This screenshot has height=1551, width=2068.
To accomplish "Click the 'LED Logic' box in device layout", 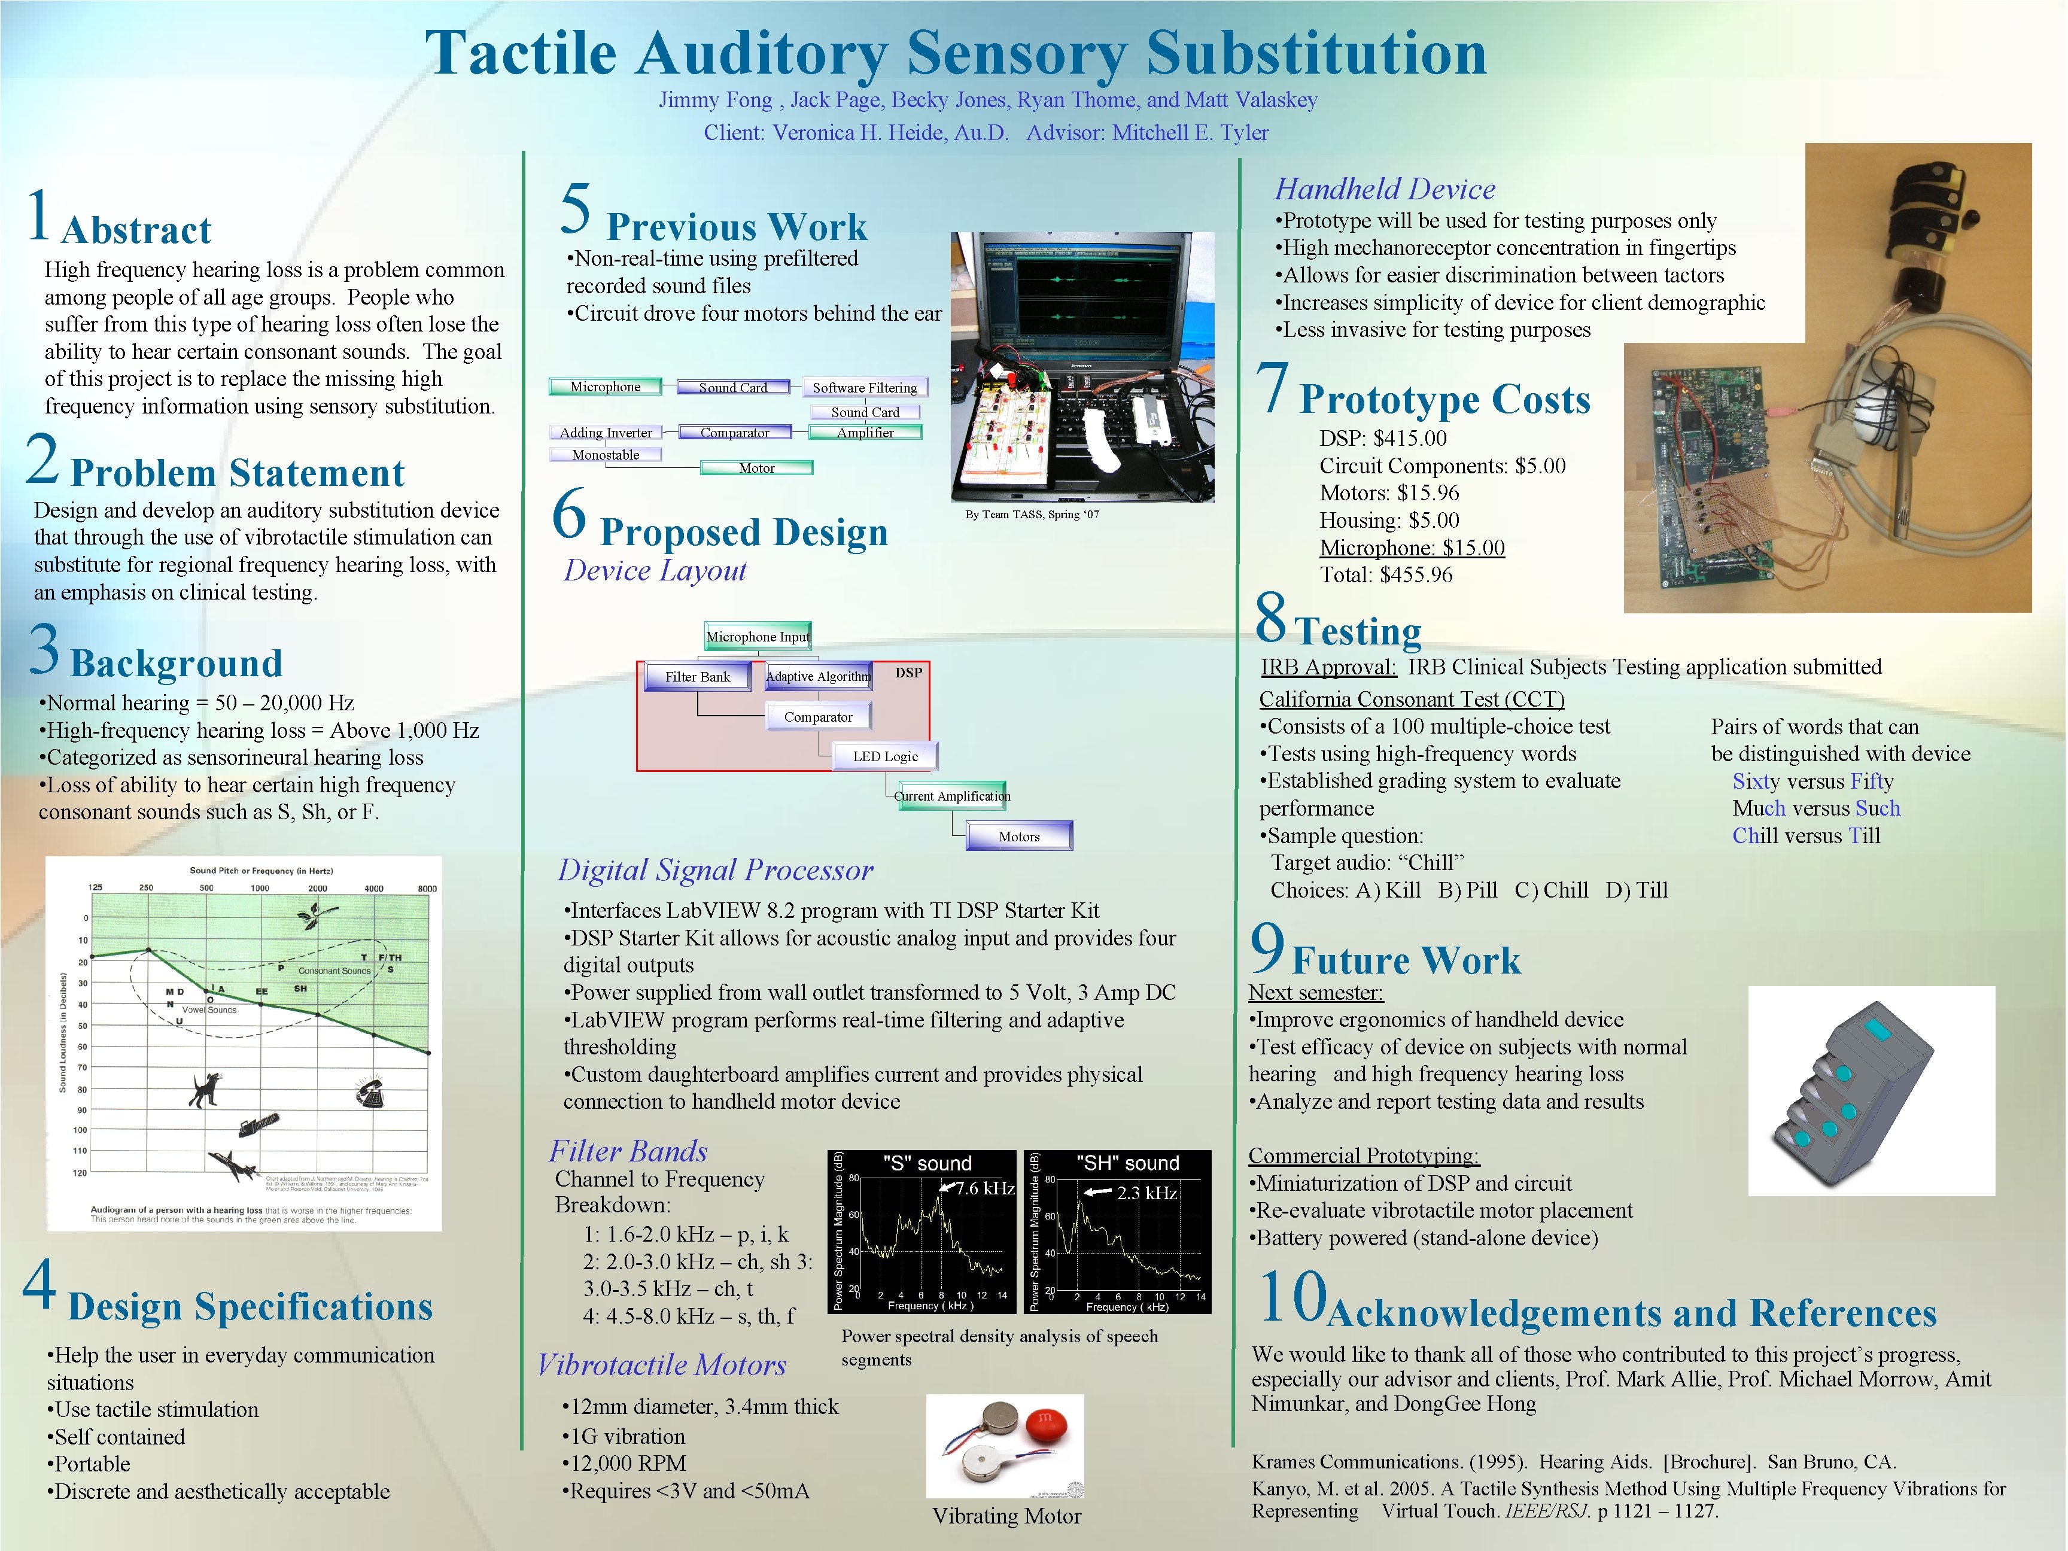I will (x=884, y=756).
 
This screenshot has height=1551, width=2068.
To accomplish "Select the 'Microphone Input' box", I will (x=758, y=637).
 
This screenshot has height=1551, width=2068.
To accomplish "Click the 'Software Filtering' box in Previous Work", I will (x=864, y=387).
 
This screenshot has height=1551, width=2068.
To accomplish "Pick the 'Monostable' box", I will (x=606, y=454).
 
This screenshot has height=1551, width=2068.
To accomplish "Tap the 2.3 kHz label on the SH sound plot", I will (x=1146, y=1193).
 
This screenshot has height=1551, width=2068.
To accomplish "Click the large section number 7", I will (x=1272, y=388).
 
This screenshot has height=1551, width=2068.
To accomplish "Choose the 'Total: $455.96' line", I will (x=1385, y=575).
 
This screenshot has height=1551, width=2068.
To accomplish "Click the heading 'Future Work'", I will (x=1406, y=961).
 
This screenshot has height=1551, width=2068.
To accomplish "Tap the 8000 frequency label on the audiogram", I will (x=426, y=888).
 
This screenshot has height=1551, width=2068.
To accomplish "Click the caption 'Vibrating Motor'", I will (x=1006, y=1516).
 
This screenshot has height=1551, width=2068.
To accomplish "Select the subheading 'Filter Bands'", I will (x=627, y=1151).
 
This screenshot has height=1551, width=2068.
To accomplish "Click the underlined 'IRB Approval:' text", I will (x=1328, y=667).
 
